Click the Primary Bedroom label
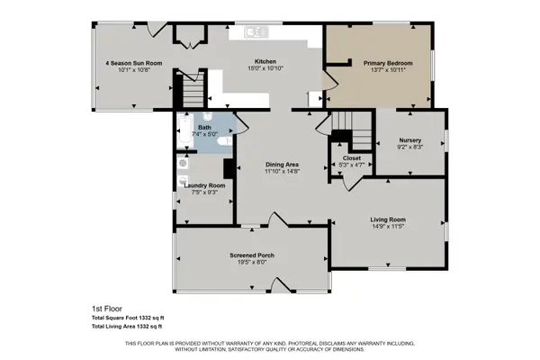pyautogui.click(x=388, y=63)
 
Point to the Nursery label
pyautogui.click(x=409, y=140)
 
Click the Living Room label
pyautogui.click(x=388, y=220)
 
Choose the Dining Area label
pyautogui.click(x=282, y=164)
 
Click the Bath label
pyautogui.click(x=204, y=128)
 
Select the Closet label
pyautogui.click(x=351, y=158)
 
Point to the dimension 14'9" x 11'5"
pyautogui.click(x=388, y=227)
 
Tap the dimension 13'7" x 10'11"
pyautogui.click(x=388, y=70)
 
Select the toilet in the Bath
pyautogui.click(x=227, y=139)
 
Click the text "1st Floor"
pyautogui.click(x=105, y=308)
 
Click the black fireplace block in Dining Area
pyautogui.click(x=229, y=168)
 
